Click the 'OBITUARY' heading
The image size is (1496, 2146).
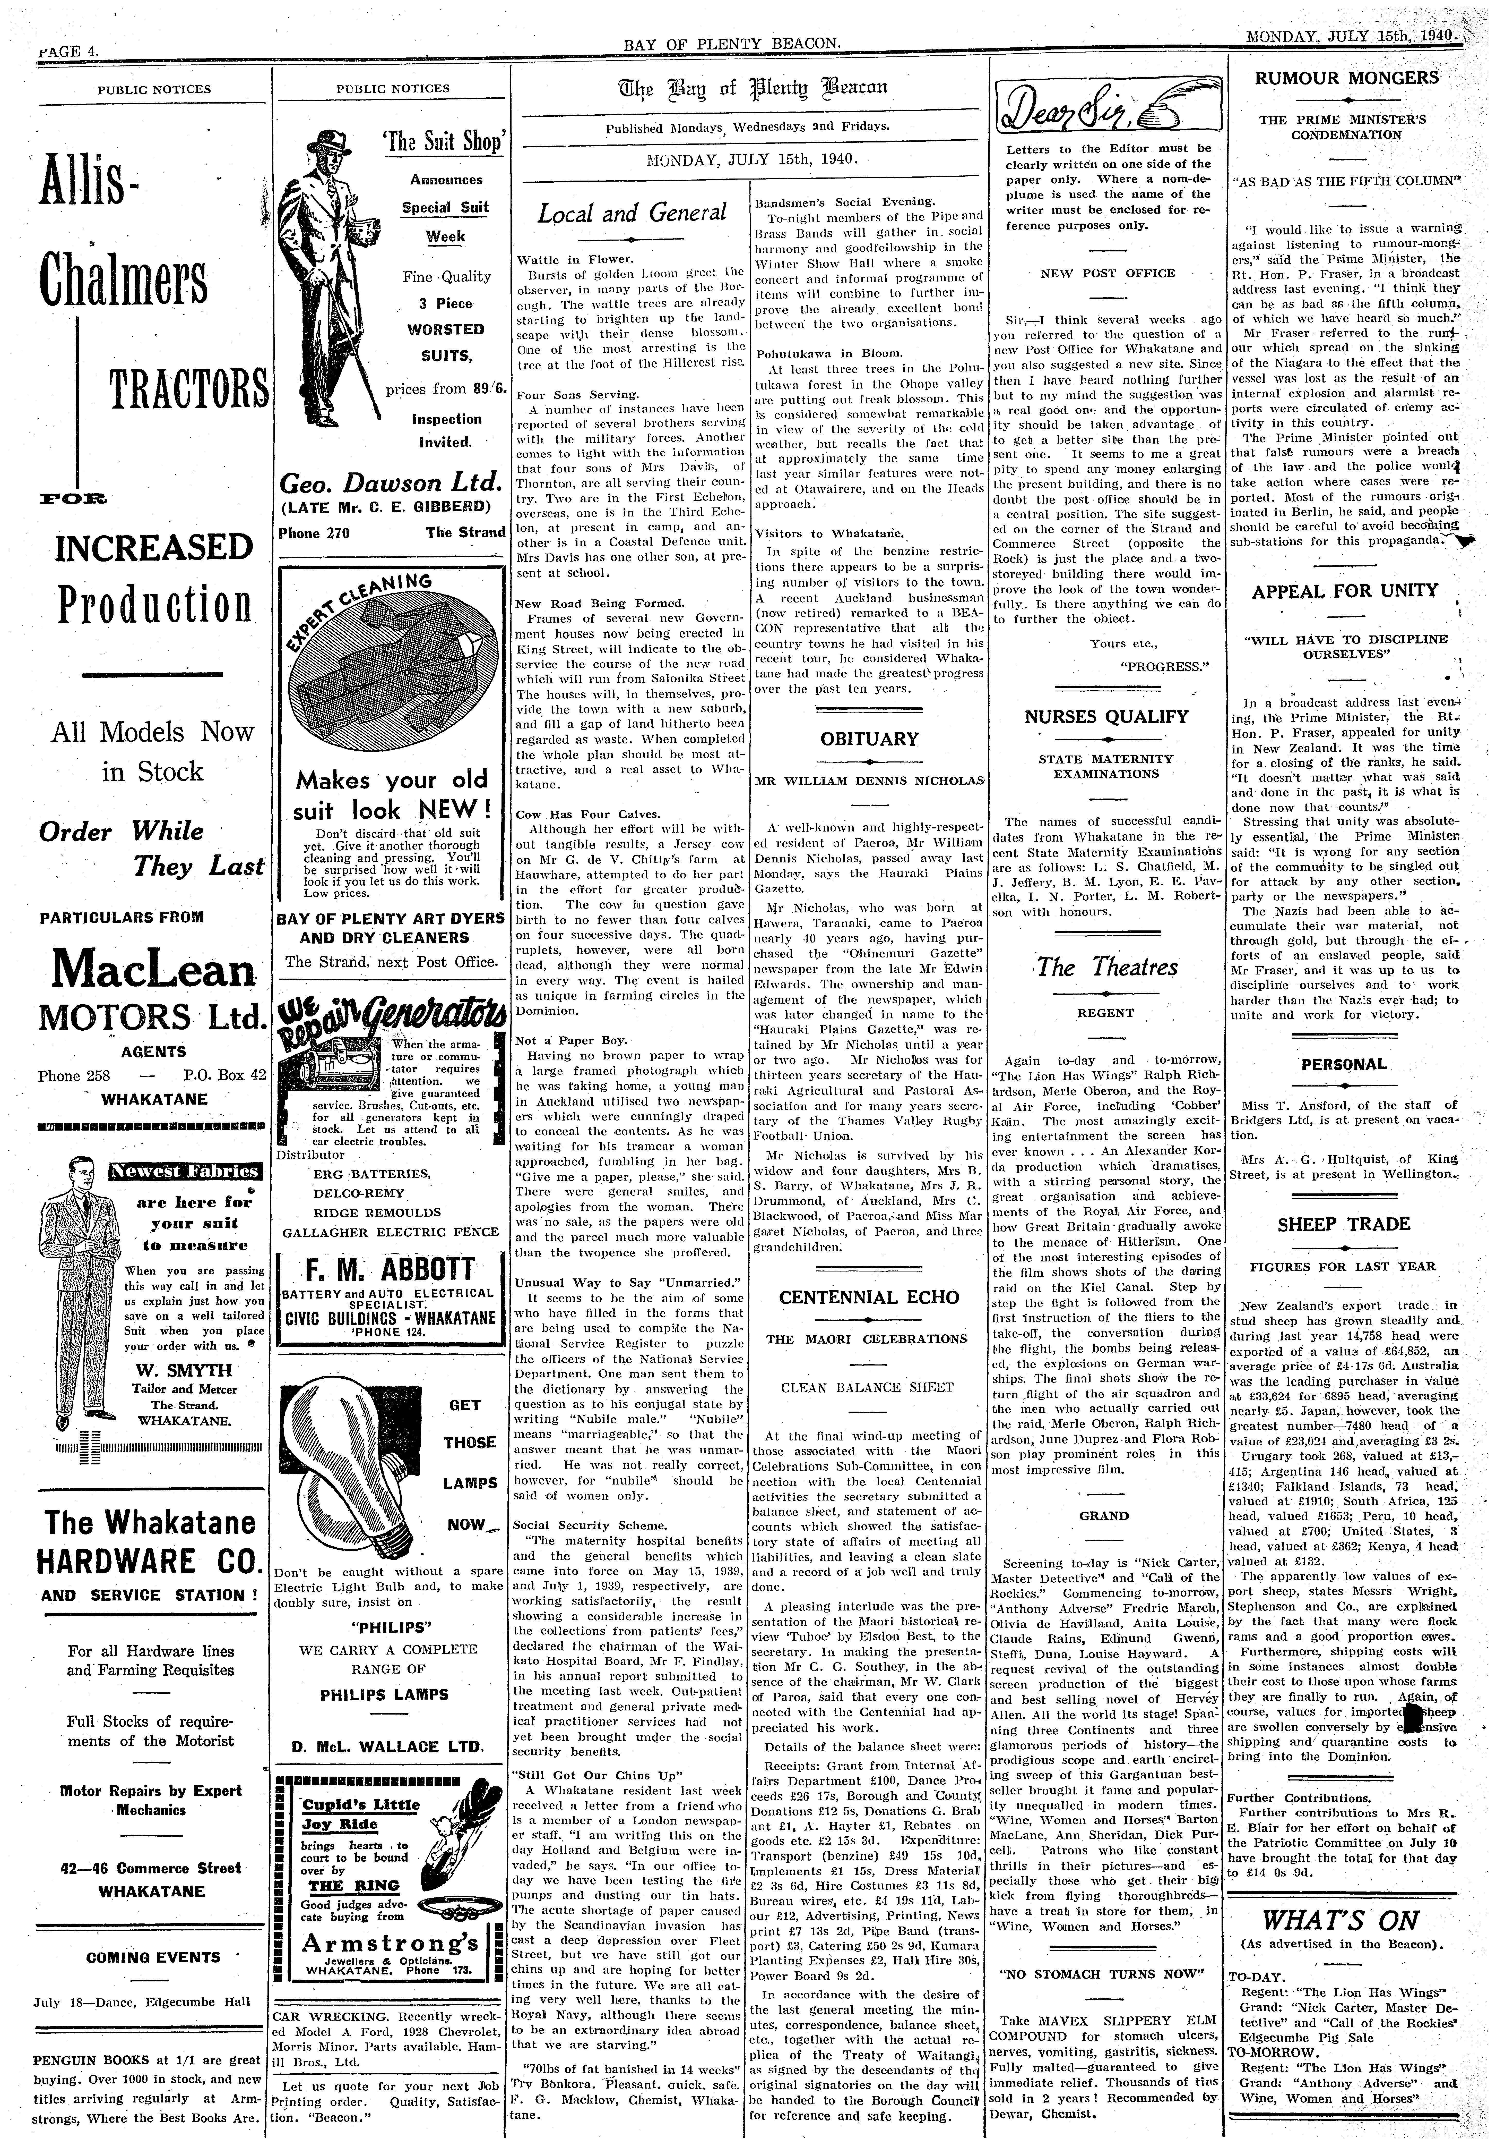coord(869,739)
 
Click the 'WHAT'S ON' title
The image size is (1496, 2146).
coord(1341,1913)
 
